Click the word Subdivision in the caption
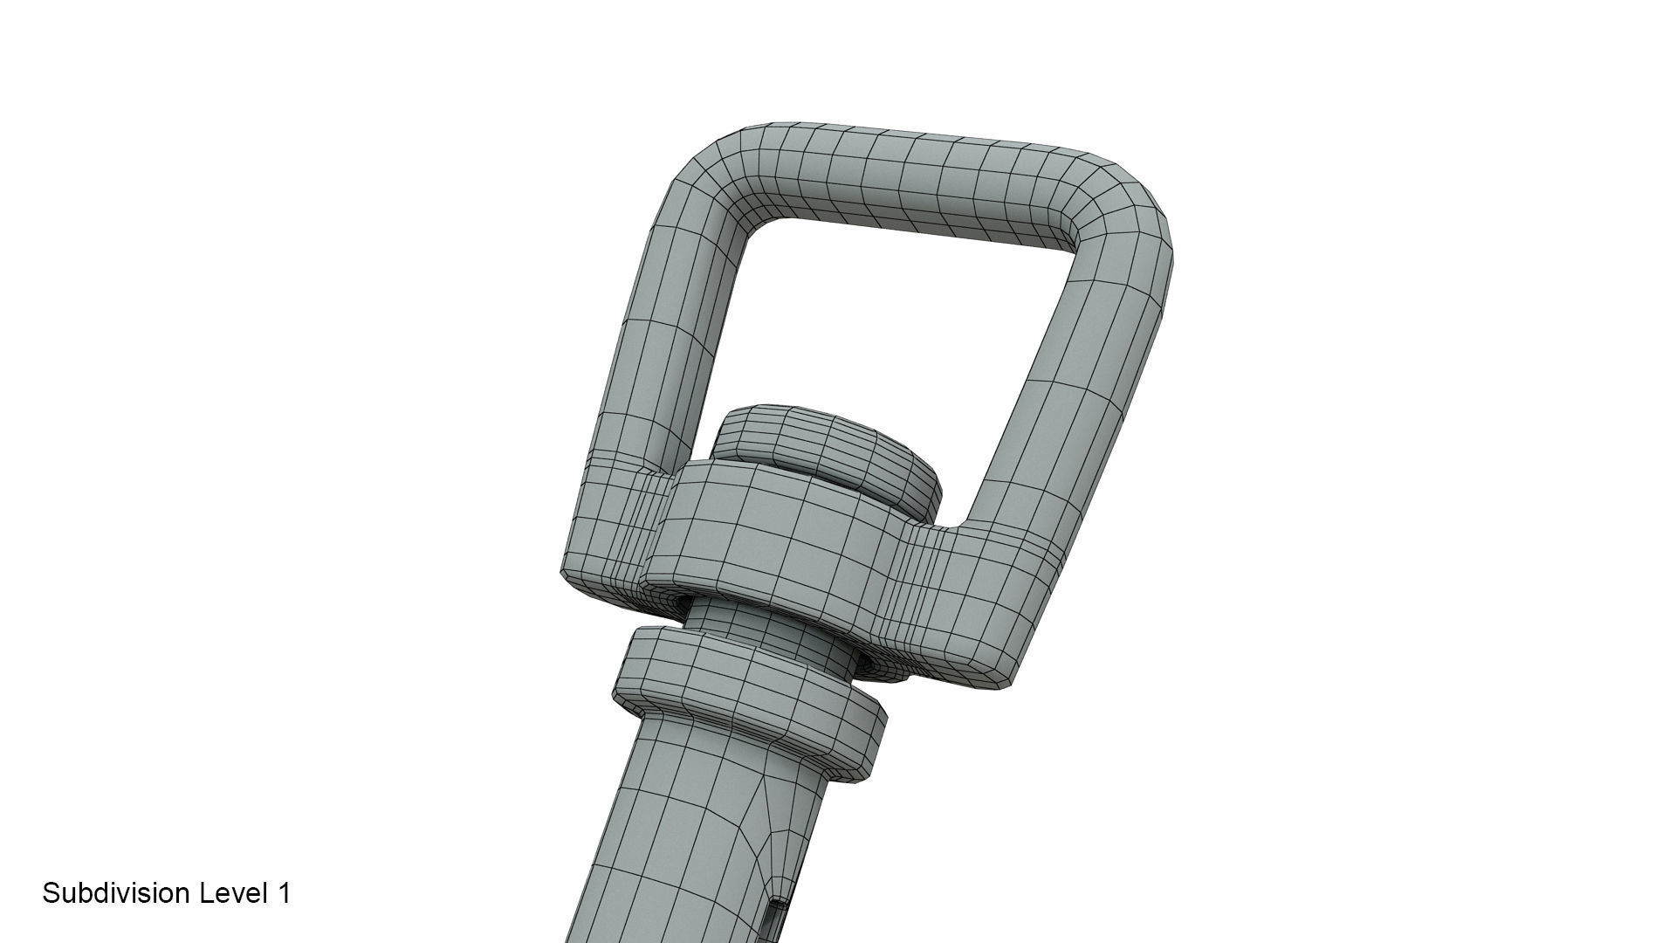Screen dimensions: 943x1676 (x=118, y=892)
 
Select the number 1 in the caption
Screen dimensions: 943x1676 (x=284, y=892)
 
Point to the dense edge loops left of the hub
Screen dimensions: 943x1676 (x=628, y=524)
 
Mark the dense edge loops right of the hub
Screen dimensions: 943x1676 (x=925, y=594)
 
